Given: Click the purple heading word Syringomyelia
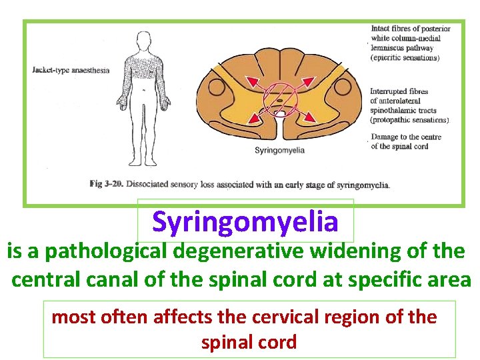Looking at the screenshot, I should point(245,221).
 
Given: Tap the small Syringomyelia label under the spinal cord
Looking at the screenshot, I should point(279,150).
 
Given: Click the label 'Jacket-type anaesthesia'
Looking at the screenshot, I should point(71,70).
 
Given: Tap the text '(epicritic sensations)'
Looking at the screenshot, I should point(405,58).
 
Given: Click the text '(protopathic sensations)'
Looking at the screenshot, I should point(409,121).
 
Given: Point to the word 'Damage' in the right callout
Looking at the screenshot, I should point(384,137).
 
